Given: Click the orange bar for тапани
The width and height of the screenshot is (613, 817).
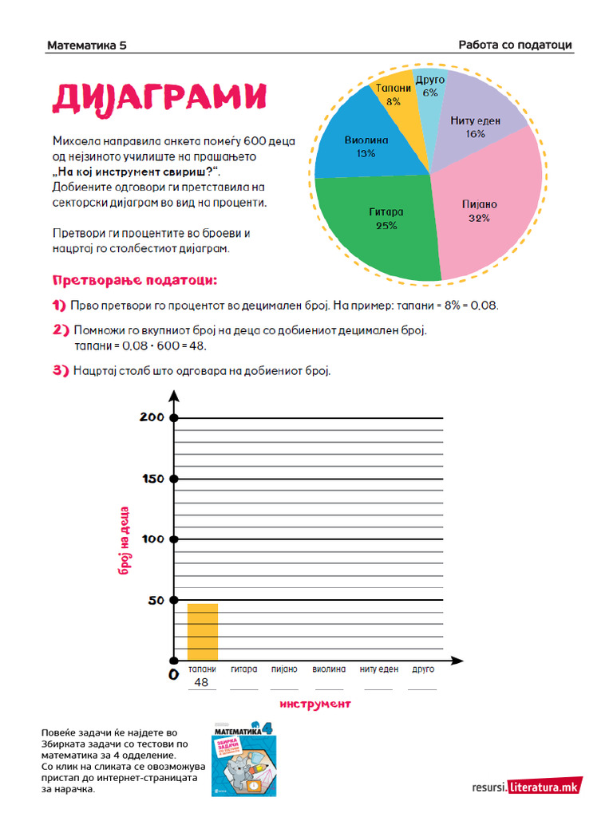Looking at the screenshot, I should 203,632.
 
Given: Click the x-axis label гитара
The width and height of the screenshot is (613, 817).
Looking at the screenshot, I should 243,669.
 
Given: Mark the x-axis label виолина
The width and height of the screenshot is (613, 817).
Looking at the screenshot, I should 329,669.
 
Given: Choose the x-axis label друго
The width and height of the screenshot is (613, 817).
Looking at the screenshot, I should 422,669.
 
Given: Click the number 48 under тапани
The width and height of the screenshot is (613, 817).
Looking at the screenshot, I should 201,683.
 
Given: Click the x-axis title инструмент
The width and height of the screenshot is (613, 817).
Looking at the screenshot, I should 315,704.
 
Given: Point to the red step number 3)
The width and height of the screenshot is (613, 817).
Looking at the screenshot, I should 61,371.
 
